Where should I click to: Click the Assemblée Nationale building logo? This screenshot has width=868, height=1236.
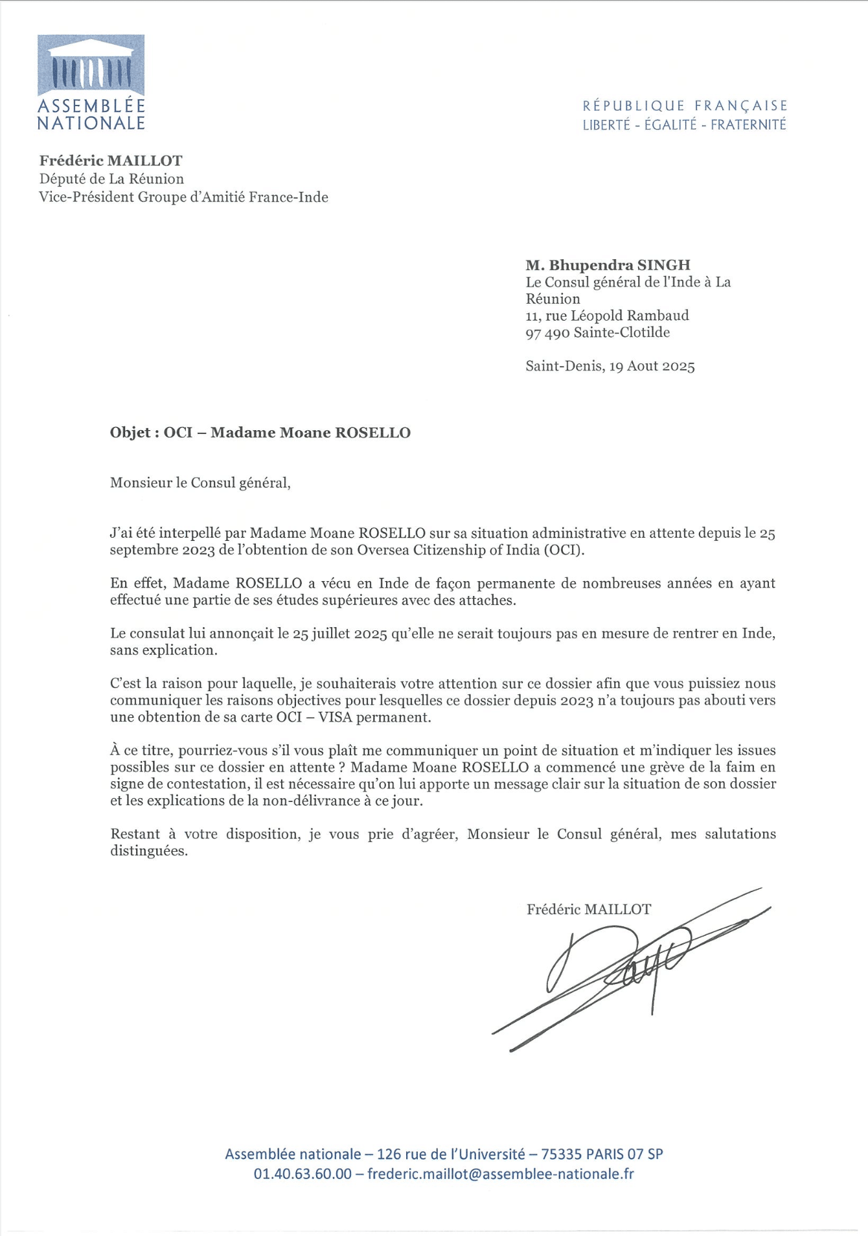click(91, 66)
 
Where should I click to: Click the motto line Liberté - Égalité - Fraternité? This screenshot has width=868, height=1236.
click(684, 125)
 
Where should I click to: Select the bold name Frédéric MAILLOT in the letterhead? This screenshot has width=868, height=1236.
click(111, 161)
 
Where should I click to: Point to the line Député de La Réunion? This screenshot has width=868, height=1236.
click(111, 179)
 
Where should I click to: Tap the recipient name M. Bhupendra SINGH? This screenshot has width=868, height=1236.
click(608, 265)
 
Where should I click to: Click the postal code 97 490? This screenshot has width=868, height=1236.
click(547, 333)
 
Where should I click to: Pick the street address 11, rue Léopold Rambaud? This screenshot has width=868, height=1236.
click(607, 315)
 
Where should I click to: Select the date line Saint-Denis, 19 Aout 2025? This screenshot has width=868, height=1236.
click(610, 367)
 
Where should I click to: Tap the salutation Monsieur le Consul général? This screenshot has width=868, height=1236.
click(200, 483)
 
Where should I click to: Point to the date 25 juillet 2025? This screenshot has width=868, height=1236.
click(339, 634)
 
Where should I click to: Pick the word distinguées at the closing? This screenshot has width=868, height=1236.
click(149, 851)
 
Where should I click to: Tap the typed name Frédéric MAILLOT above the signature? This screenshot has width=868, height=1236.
click(588, 910)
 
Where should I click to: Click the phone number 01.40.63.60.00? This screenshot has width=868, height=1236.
click(303, 1174)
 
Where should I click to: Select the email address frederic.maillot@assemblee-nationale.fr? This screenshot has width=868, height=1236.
click(500, 1174)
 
